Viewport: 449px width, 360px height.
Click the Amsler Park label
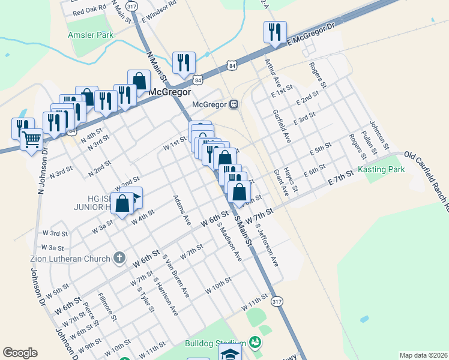click(91, 35)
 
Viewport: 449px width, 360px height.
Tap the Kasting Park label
click(381, 170)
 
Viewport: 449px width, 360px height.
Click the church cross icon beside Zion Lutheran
click(119, 258)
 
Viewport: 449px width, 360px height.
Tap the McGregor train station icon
click(234, 104)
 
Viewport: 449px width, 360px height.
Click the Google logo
click(20, 353)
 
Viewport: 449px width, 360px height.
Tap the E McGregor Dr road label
click(309, 34)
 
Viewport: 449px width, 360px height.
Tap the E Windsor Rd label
click(159, 11)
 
